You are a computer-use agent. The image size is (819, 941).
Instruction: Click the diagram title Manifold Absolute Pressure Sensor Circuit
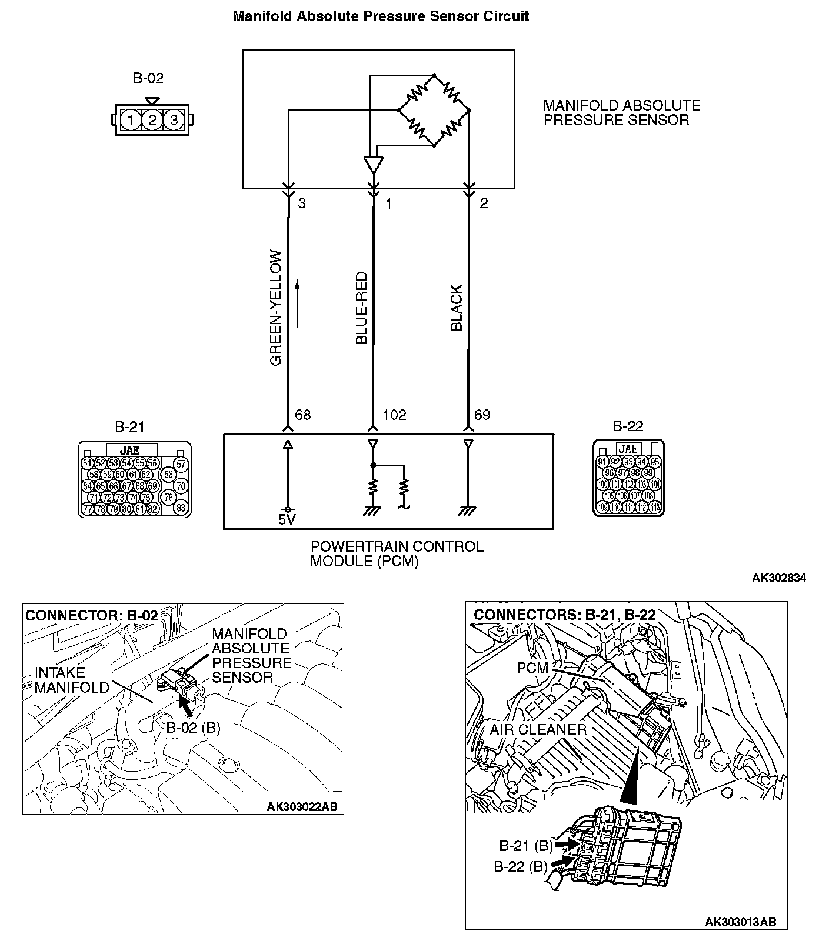(x=381, y=16)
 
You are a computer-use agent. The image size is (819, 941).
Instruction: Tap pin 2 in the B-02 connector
(x=152, y=121)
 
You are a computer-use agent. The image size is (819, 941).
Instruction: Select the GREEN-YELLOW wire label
(x=276, y=308)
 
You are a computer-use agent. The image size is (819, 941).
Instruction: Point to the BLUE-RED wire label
(x=361, y=308)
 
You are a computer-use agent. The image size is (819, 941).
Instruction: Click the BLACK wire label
(x=457, y=308)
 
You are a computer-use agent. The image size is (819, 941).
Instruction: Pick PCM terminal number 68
(x=302, y=415)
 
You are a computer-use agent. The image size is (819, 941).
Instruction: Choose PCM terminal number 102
(x=394, y=415)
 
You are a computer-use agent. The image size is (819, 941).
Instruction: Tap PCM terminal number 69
(x=482, y=415)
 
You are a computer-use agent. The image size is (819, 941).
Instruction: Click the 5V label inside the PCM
(x=287, y=519)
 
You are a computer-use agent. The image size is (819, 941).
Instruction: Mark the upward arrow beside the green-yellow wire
(x=298, y=303)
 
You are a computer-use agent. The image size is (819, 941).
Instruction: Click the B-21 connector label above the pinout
(x=129, y=426)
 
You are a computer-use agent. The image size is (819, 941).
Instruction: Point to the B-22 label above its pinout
(x=628, y=426)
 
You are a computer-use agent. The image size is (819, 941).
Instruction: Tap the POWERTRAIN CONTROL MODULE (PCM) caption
(x=397, y=553)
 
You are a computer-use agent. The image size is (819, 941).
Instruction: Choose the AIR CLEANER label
(x=538, y=730)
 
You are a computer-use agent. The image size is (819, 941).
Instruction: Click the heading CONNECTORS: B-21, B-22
(x=564, y=615)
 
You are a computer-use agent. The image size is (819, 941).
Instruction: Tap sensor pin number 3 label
(x=302, y=203)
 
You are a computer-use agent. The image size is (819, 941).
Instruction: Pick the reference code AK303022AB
(x=302, y=806)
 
